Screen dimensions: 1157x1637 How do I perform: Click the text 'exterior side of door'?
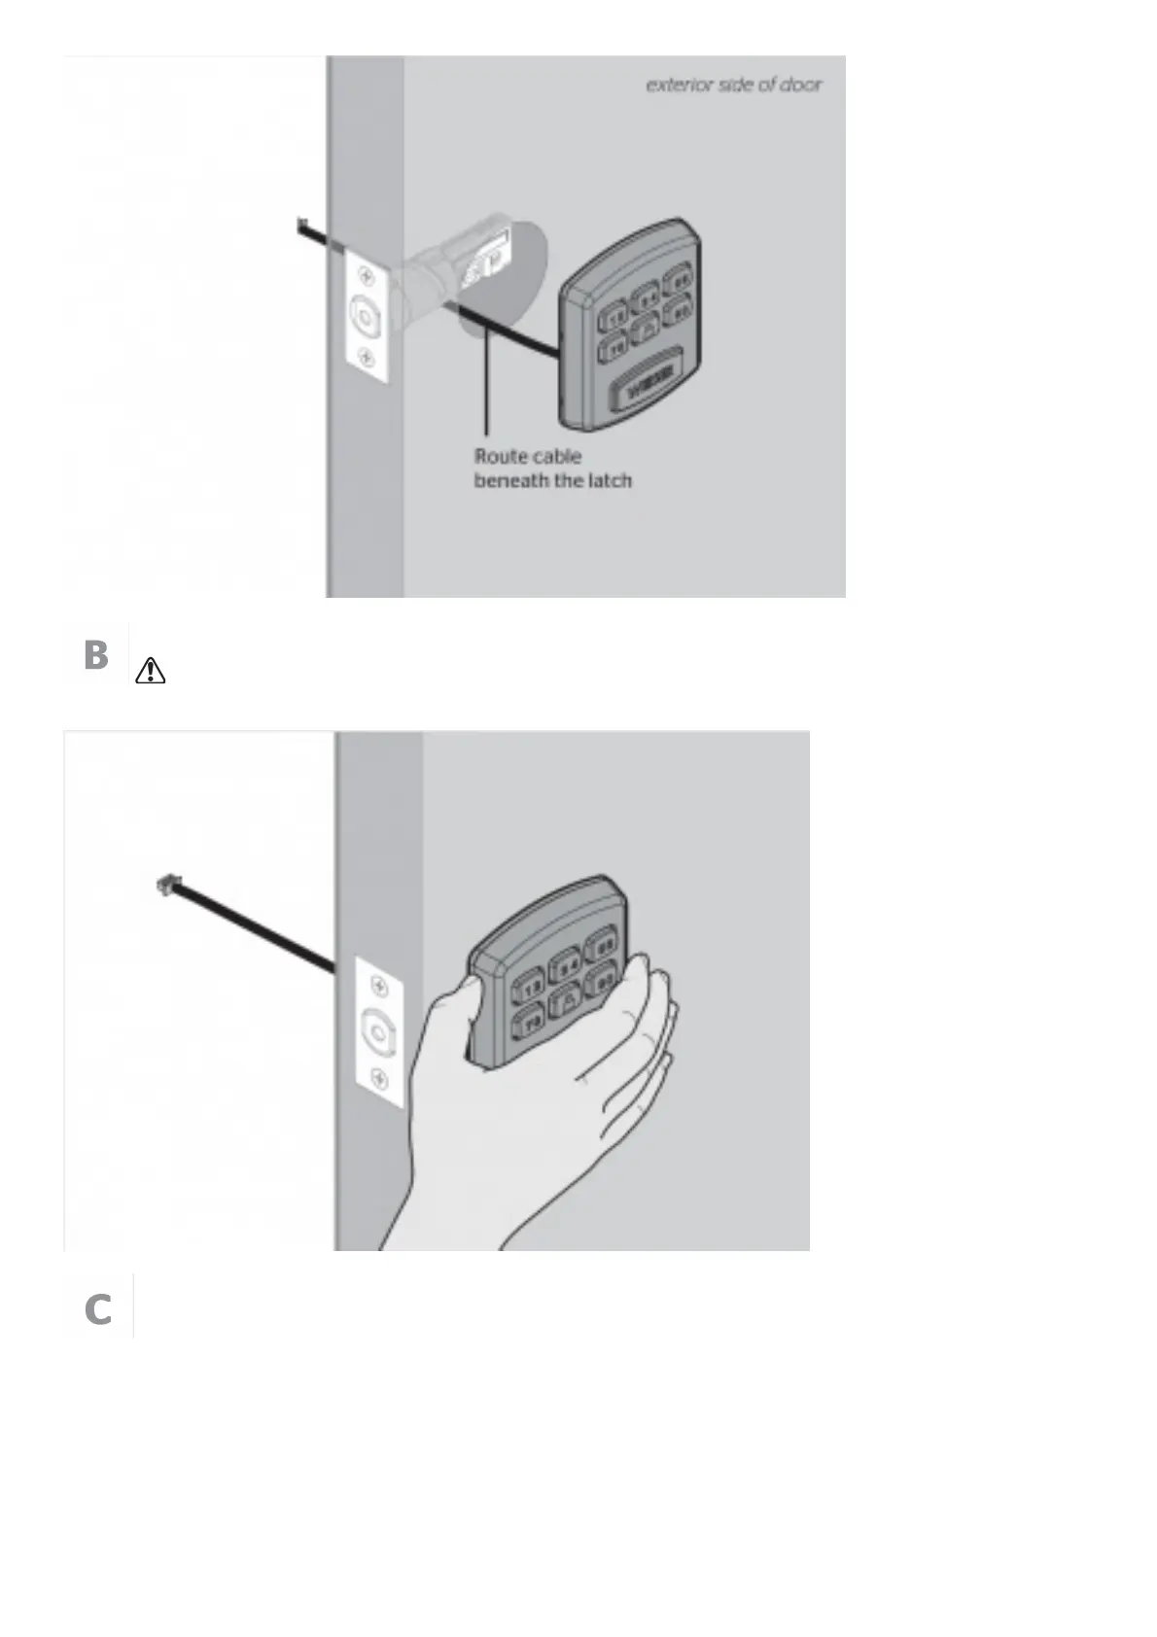coord(734,85)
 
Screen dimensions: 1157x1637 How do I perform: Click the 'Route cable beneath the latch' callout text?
coord(552,468)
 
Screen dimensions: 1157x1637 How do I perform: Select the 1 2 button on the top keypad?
coord(614,318)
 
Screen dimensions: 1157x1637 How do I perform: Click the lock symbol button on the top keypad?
coord(645,331)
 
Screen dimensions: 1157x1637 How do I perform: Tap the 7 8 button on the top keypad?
coord(614,347)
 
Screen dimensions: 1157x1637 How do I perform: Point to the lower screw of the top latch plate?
coord(366,355)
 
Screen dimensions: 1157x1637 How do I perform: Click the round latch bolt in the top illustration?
coord(366,316)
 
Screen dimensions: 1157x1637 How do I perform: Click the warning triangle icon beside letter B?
coord(152,670)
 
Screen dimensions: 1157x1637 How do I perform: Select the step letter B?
coord(95,655)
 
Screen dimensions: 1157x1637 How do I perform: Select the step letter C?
coord(97,1309)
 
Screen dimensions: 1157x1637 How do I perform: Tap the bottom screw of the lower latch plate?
coord(379,1078)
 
